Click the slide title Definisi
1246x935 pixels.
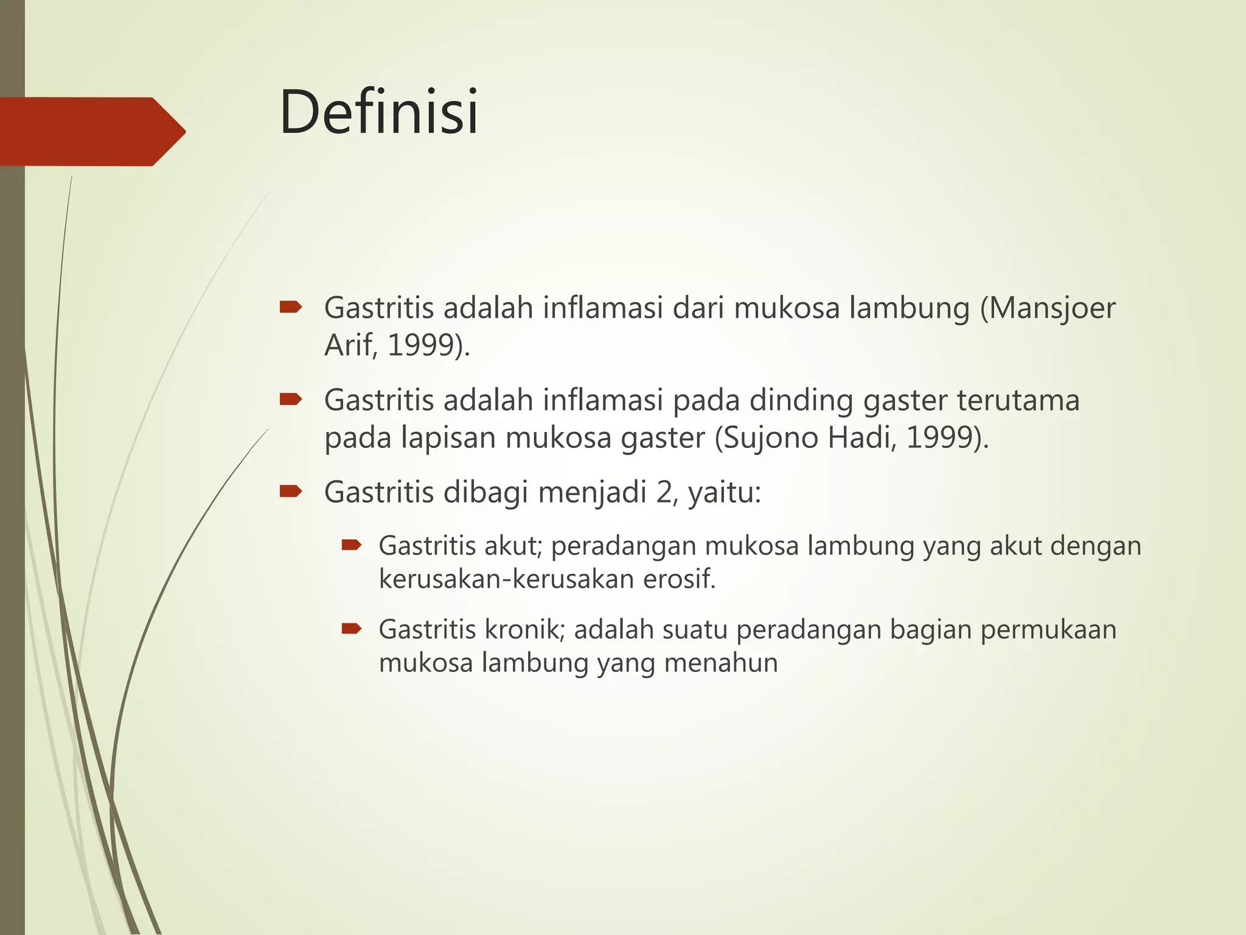click(x=379, y=113)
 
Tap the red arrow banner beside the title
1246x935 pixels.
click(x=91, y=131)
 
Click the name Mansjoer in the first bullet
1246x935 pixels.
click(x=1052, y=308)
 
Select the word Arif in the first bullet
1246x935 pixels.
click(x=348, y=345)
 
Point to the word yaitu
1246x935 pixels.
click(x=724, y=492)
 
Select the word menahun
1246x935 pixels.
click(x=721, y=662)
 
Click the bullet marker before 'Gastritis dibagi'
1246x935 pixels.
click(x=290, y=491)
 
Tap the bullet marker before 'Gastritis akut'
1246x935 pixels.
click(x=352, y=545)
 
